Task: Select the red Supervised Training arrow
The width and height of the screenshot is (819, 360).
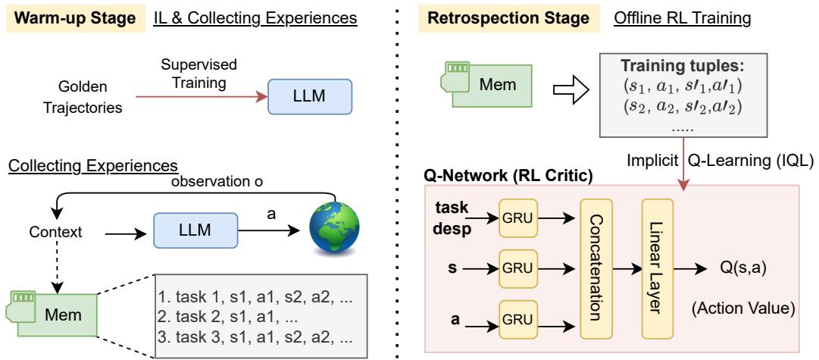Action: point(200,98)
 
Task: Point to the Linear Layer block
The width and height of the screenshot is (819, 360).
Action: point(657,269)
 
